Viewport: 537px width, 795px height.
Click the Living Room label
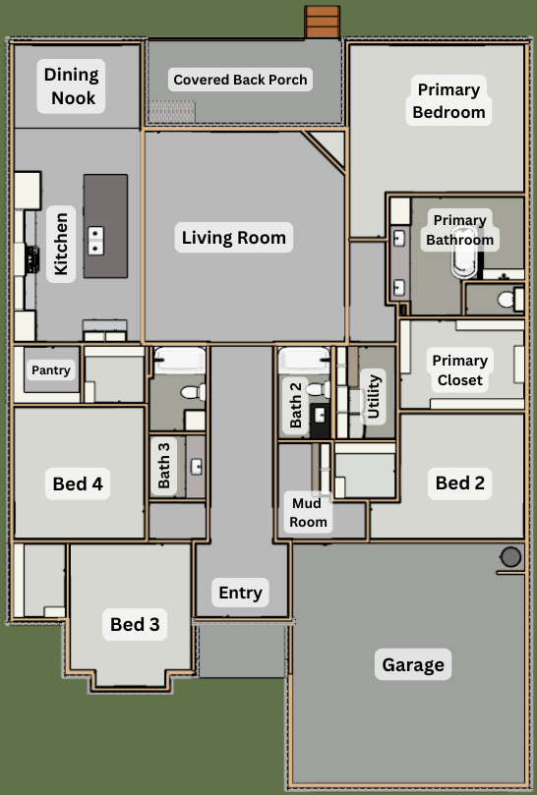234,237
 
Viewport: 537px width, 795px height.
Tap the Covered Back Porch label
240,80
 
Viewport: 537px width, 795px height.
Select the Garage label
413,664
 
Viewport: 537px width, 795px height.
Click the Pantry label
51,370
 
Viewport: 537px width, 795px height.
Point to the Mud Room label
308,512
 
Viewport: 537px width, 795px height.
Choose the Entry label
240,593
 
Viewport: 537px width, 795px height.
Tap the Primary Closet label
460,369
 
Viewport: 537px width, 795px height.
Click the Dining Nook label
71,86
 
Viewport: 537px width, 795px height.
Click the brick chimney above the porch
323,22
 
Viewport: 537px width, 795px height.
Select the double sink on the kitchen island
95,241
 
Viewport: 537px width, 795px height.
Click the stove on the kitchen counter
32,258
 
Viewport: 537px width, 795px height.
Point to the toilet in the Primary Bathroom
509,299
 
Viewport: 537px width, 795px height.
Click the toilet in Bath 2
319,389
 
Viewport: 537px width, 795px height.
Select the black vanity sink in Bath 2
320,422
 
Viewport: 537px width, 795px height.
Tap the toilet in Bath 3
193,391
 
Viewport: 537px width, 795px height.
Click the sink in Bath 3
197,467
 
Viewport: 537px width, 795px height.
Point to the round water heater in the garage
510,557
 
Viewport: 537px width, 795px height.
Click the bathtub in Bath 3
180,361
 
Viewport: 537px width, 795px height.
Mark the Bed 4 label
78,483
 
